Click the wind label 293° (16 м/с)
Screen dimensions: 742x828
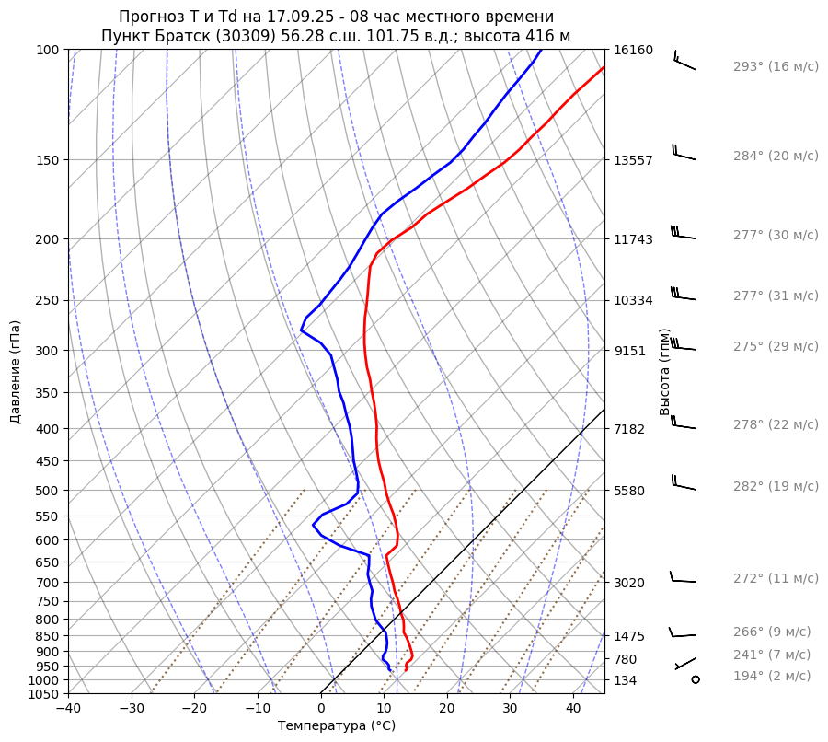point(775,66)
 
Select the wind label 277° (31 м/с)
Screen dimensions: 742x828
point(775,296)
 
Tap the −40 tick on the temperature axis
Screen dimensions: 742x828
point(68,709)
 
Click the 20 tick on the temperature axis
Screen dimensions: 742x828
point(447,709)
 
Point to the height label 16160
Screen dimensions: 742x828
point(633,50)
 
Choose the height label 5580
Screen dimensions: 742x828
point(629,490)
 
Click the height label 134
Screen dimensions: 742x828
point(626,680)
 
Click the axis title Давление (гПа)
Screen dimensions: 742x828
point(16,372)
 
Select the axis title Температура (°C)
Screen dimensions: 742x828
point(337,726)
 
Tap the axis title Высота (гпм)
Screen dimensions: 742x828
point(664,372)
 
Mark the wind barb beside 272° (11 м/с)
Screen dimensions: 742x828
point(683,578)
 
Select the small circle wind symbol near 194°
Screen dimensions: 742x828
point(695,679)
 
